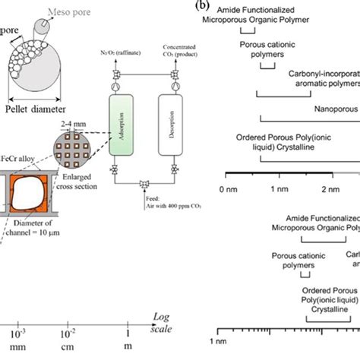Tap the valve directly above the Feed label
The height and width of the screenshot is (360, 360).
click(x=144, y=183)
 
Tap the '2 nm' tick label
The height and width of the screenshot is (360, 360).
click(x=330, y=187)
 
